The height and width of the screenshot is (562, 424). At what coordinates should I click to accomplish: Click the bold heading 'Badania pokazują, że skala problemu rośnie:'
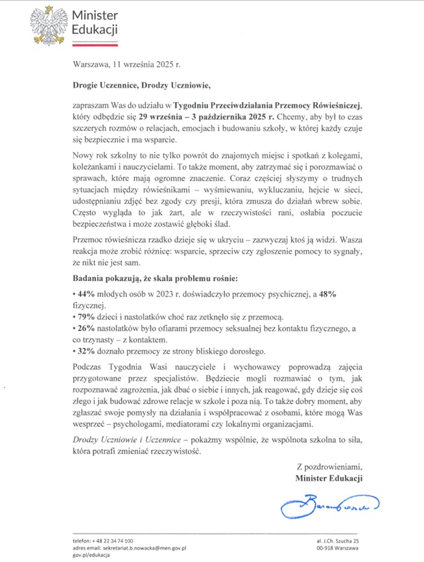click(156, 279)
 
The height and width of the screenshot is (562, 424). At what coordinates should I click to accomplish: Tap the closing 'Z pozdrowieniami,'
click(328, 466)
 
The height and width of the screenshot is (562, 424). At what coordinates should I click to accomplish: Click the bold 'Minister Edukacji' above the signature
click(328, 478)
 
